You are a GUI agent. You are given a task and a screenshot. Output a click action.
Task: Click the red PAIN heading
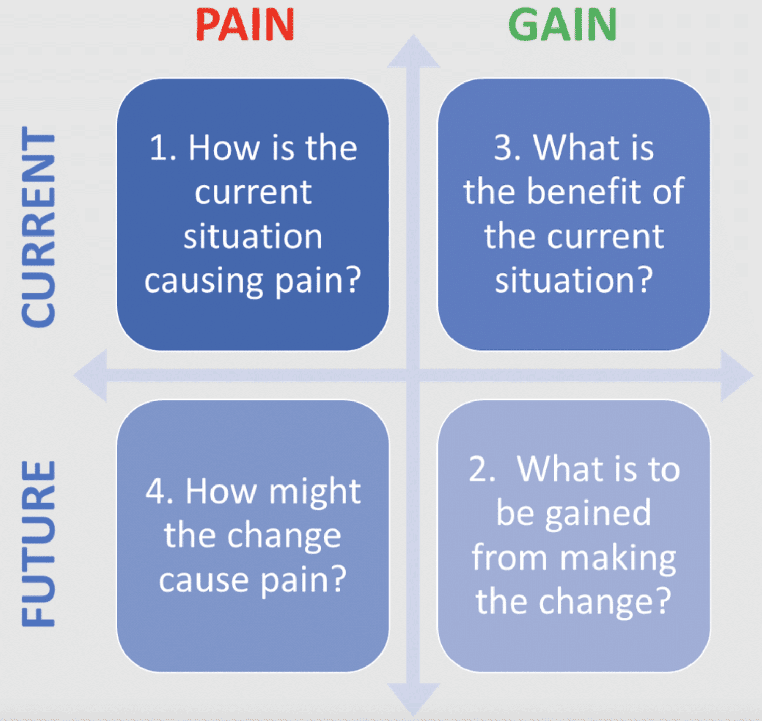click(x=245, y=25)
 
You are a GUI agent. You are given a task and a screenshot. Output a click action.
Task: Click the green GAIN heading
click(x=562, y=25)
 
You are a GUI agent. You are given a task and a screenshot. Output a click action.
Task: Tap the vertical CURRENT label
click(x=39, y=227)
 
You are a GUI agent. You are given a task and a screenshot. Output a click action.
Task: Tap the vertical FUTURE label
click(x=39, y=543)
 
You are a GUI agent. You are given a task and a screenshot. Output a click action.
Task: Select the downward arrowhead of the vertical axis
click(x=413, y=698)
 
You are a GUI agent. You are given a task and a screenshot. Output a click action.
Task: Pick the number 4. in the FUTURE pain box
click(x=159, y=491)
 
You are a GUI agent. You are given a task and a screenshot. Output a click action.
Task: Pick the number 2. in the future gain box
click(x=482, y=469)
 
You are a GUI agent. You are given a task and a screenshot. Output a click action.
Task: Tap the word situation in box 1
click(x=253, y=237)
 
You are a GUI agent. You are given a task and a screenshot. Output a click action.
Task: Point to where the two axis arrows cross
click(x=413, y=376)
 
